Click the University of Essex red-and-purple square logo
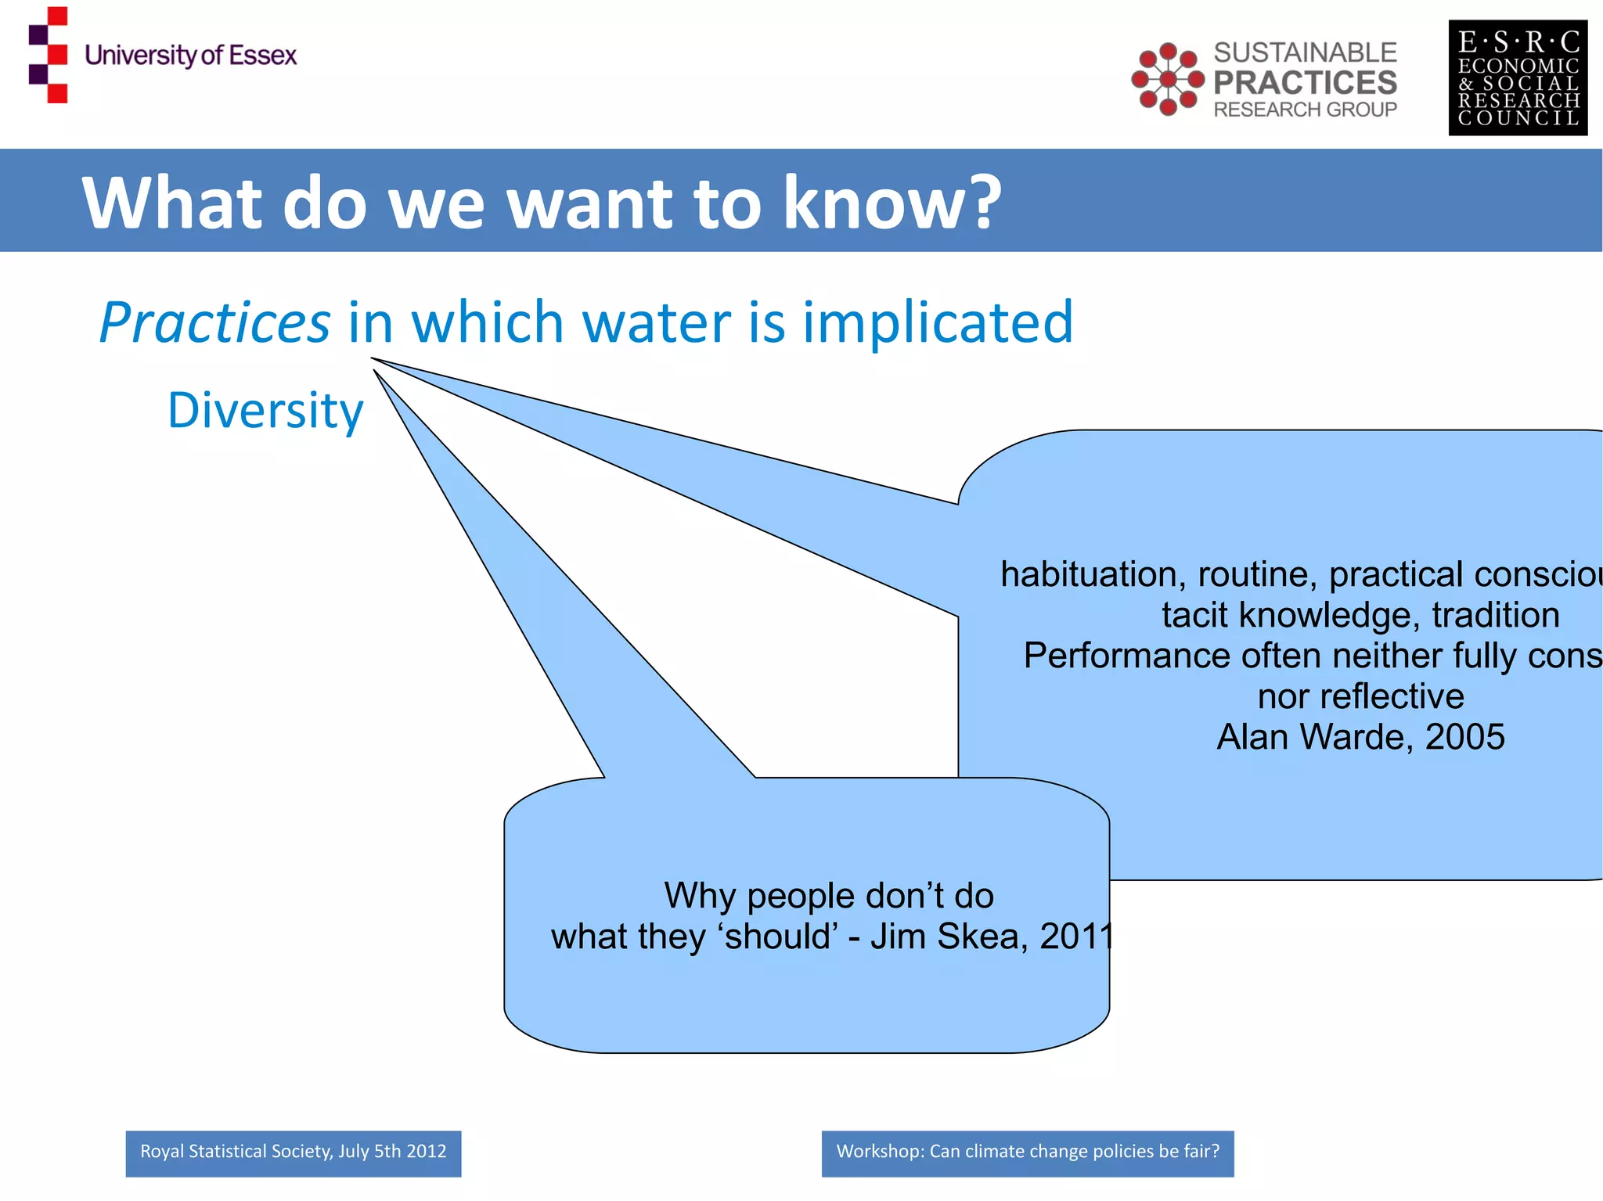[49, 55]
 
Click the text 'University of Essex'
[190, 56]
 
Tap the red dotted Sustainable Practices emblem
[1167, 79]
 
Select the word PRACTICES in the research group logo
[1305, 82]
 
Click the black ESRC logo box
[1517, 77]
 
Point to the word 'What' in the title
[171, 203]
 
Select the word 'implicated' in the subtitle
[938, 322]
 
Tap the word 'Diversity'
[265, 410]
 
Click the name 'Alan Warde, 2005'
[1360, 736]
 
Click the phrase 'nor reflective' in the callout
[1360, 696]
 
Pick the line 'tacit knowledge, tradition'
[1360, 615]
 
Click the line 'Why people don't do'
[829, 895]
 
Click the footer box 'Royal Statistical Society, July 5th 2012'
[294, 1152]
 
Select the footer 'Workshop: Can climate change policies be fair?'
[1027, 1152]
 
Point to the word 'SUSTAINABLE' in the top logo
[1305, 52]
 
